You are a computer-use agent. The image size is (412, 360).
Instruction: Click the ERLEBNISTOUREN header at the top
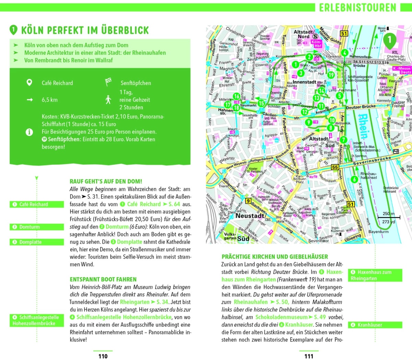pyautogui.click(x=357, y=8)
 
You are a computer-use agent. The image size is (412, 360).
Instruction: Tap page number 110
pyautogui.click(x=103, y=356)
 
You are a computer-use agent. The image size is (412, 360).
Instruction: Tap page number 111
pyautogui.click(x=309, y=356)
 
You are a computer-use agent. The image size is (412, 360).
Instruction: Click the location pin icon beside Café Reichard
pyautogui.click(x=30, y=83)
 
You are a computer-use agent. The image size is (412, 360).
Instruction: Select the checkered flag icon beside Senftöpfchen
pyautogui.click(x=108, y=82)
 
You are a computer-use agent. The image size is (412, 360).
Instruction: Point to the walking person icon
pyautogui.click(x=108, y=100)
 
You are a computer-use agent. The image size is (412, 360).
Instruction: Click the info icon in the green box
pyautogui.click(x=30, y=132)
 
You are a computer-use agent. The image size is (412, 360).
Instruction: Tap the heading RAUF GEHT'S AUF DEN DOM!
pyautogui.click(x=106, y=181)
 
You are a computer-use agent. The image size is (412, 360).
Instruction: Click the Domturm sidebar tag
pyautogui.click(x=37, y=227)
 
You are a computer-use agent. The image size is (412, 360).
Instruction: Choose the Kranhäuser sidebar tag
pyautogui.click(x=375, y=325)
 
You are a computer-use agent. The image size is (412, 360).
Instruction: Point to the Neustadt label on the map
pyautogui.click(x=250, y=216)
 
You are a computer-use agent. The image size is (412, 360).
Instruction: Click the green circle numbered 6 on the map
pyautogui.click(x=354, y=179)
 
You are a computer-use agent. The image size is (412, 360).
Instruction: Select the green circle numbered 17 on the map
pyautogui.click(x=227, y=105)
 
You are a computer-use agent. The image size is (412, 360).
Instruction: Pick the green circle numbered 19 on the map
pyautogui.click(x=331, y=75)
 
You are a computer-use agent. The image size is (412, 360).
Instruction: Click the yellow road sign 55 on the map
pyautogui.click(x=335, y=167)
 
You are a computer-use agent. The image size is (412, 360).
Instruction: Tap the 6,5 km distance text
pyautogui.click(x=49, y=100)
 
